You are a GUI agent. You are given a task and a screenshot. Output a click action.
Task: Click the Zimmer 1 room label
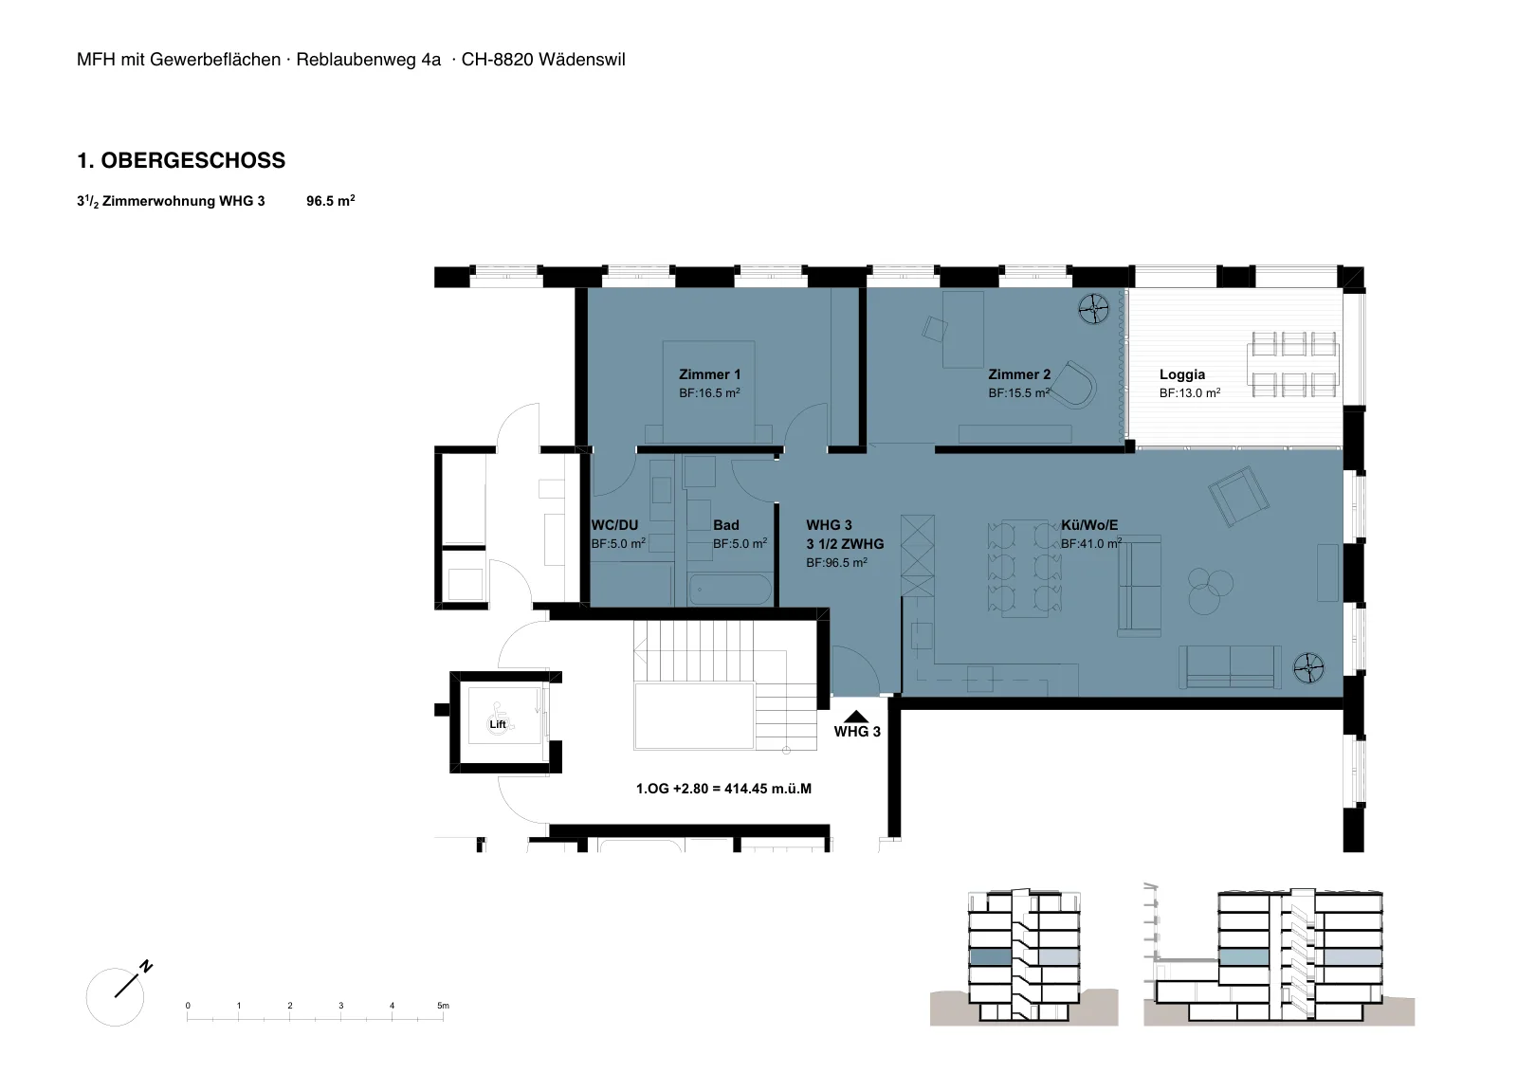point(709,374)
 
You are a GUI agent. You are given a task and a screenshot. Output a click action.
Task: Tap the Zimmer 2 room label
point(1018,374)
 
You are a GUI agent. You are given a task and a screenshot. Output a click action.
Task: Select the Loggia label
point(1181,374)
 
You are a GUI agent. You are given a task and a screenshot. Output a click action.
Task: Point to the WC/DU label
point(614,525)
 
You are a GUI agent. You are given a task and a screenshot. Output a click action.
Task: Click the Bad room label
point(725,525)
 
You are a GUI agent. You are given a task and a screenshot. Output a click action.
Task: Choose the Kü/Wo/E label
point(1089,525)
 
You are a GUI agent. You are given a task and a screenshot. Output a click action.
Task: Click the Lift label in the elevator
point(498,724)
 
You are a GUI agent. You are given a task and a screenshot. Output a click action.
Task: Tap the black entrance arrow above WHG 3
point(856,717)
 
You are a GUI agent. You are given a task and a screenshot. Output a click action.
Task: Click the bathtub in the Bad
point(730,590)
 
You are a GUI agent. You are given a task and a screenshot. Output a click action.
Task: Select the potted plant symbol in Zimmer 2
point(1093,309)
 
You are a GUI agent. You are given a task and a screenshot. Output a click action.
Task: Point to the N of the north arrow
point(146,967)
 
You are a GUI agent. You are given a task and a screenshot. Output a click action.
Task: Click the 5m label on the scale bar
point(443,1006)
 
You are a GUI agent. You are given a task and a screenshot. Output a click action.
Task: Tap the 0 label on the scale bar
point(188,1006)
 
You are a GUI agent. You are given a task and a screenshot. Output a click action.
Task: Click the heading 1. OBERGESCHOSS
point(181,160)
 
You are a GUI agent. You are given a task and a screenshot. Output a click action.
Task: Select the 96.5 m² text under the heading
point(331,201)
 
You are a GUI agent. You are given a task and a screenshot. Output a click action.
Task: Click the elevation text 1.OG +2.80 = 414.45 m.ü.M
point(723,789)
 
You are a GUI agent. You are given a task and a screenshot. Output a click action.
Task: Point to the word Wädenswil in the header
point(582,60)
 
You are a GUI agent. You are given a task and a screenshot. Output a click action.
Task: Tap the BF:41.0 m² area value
point(1091,543)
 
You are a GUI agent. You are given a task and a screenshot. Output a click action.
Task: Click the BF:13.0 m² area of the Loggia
point(1189,392)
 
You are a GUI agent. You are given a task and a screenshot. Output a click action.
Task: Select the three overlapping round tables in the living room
point(1210,590)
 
